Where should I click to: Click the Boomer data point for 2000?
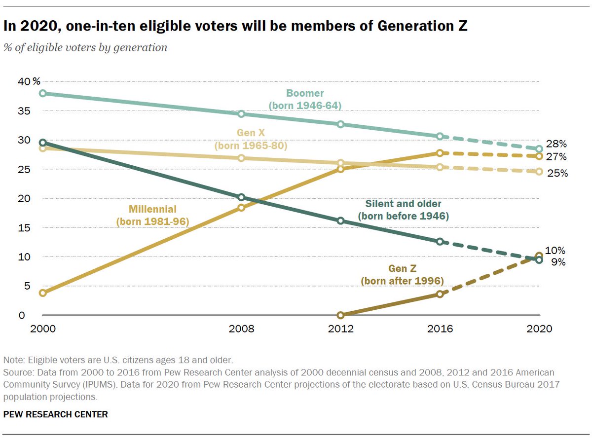(43, 93)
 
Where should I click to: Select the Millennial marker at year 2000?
(43, 293)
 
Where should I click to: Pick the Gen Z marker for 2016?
(440, 294)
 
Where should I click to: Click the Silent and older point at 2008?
(241, 197)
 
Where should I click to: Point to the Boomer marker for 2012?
(340, 124)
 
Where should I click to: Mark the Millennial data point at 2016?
(440, 153)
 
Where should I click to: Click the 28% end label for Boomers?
(556, 144)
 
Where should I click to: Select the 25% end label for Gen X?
(556, 173)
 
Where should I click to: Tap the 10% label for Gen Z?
(555, 251)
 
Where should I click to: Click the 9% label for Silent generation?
(558, 262)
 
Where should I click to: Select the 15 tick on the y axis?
(24, 228)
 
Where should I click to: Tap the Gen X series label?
(251, 140)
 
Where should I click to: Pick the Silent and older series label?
(404, 210)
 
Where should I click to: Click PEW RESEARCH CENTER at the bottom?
(55, 415)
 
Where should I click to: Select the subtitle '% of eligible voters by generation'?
(85, 48)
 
